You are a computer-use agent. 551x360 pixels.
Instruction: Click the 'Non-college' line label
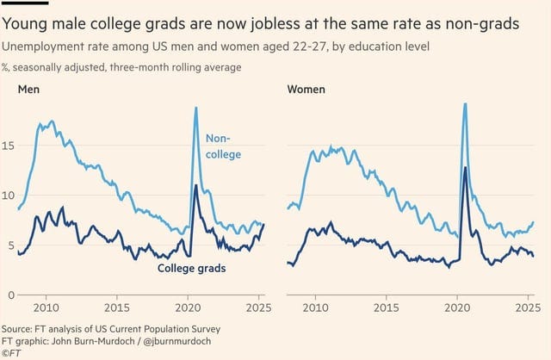pyautogui.click(x=222, y=146)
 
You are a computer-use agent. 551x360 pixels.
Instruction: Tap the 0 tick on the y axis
pyautogui.click(x=6, y=295)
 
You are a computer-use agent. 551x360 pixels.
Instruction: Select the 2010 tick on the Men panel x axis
pyautogui.click(x=46, y=308)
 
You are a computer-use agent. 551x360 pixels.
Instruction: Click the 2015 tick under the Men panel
pyautogui.click(x=117, y=308)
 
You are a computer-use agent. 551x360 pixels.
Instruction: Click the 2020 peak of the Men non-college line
pyautogui.click(x=195, y=108)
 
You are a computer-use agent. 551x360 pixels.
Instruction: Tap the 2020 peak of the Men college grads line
pyautogui.click(x=195, y=186)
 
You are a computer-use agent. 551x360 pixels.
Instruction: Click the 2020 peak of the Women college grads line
pyautogui.click(x=465, y=168)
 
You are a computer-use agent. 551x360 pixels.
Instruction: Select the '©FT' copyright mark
pyautogui.click(x=11, y=352)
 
